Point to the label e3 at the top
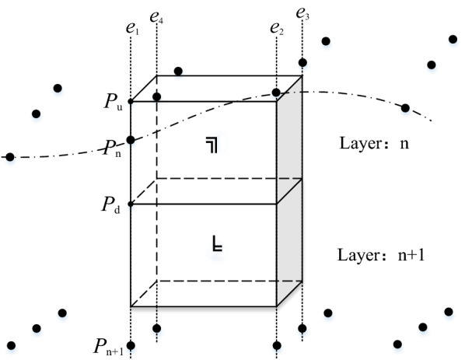tap(302, 12)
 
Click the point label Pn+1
tap(108, 347)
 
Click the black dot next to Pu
tap(131, 101)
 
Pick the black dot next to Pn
tap(131, 140)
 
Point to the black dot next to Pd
tap(131, 204)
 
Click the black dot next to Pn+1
tap(131, 345)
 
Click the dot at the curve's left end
tap(9, 157)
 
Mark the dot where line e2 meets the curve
tap(276, 93)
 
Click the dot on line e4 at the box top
tap(157, 97)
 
